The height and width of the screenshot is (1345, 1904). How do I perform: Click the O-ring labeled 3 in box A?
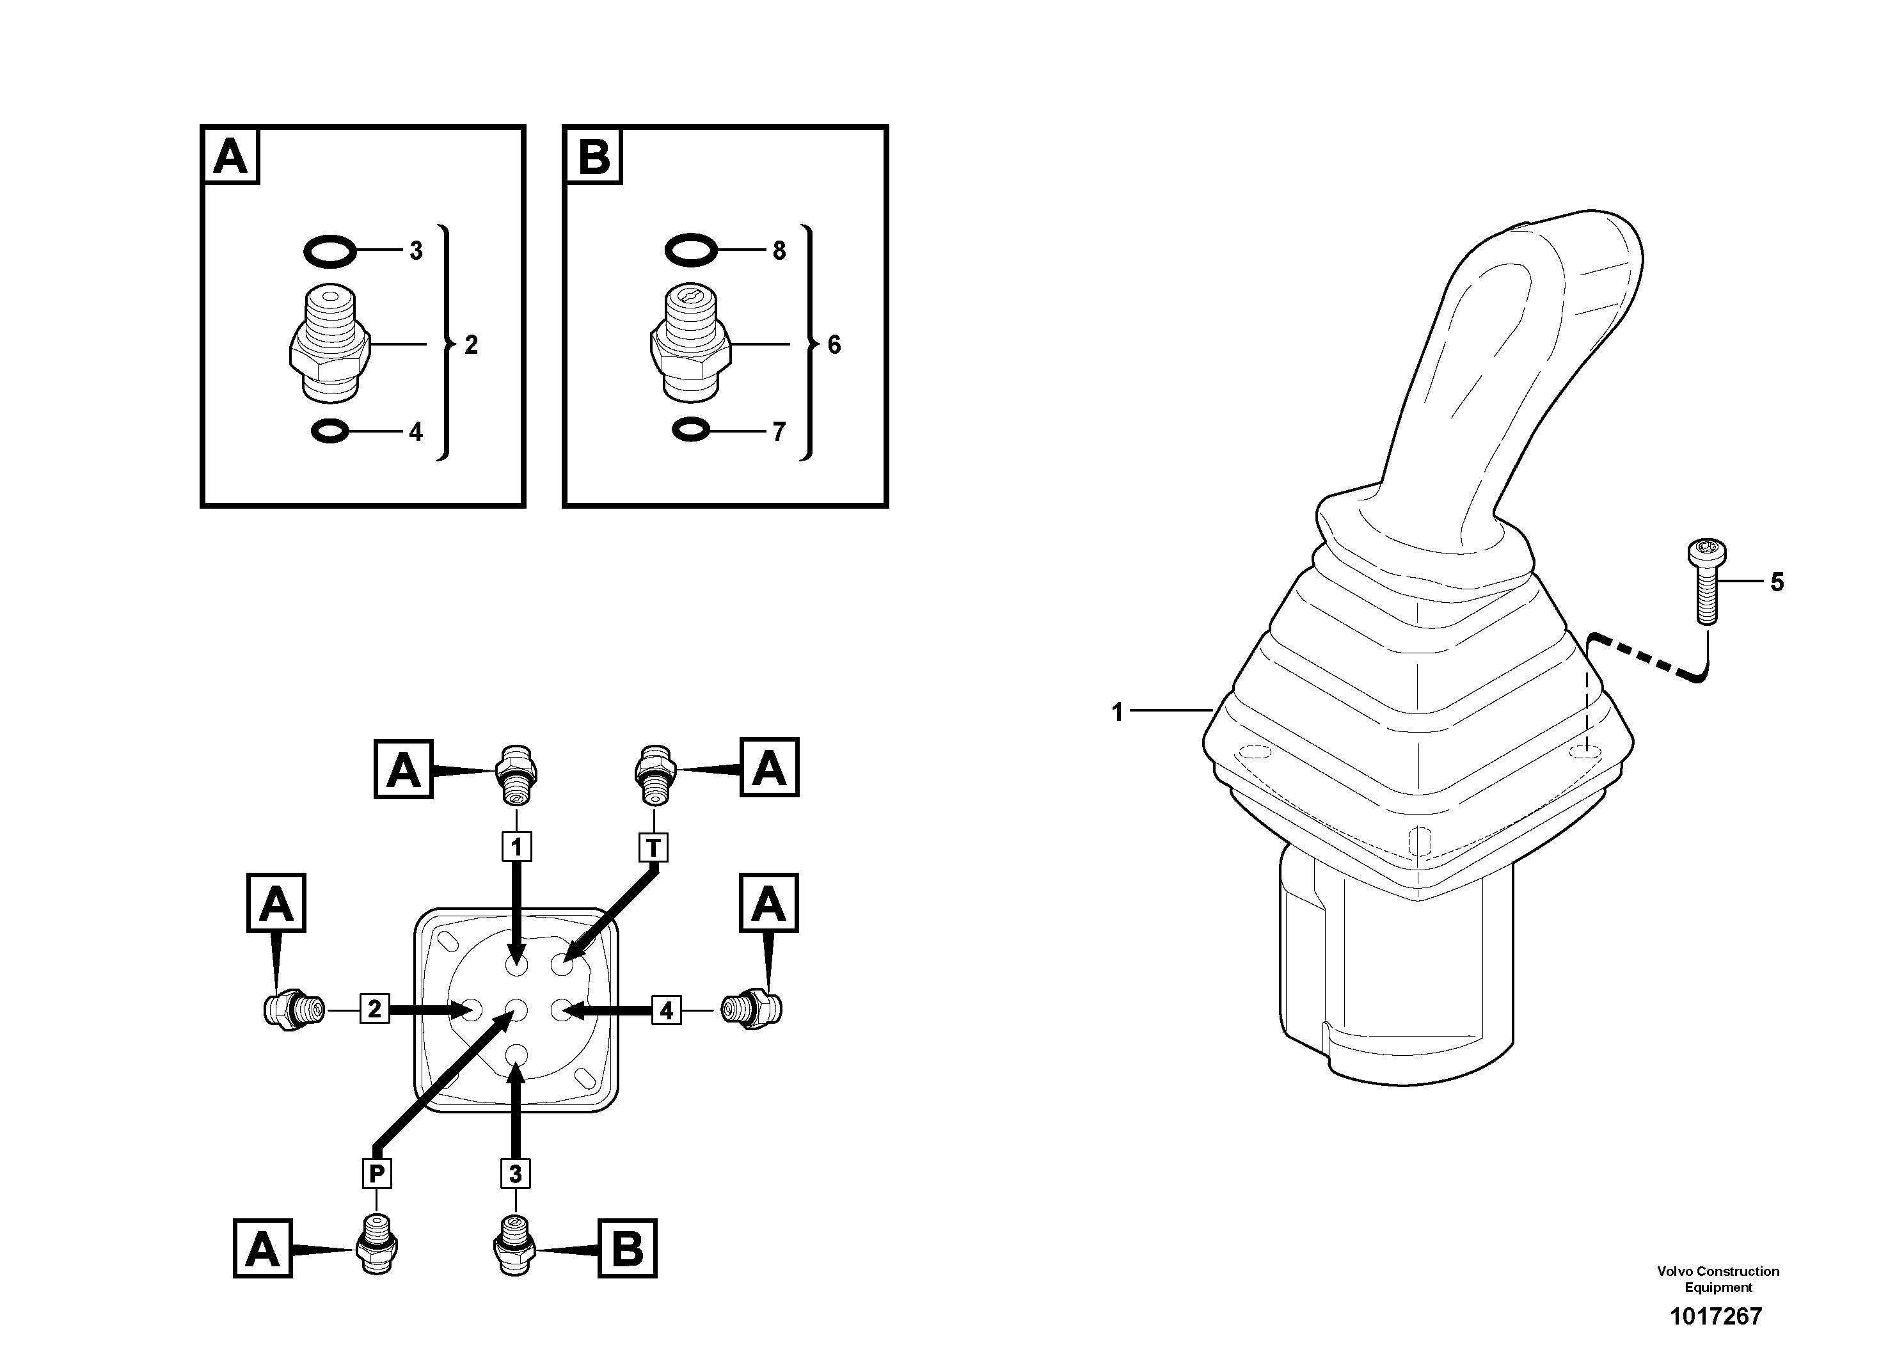tap(330, 250)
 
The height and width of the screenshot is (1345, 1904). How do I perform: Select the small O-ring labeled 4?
tap(330, 431)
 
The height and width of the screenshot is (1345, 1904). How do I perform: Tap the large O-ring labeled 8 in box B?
tap(691, 250)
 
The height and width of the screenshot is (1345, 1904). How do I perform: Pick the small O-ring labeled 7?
tap(691, 431)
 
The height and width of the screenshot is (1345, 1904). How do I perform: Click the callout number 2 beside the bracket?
tap(471, 345)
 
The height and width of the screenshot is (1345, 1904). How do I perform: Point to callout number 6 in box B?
tap(834, 345)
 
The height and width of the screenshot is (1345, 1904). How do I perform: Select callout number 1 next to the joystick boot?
tap(1117, 712)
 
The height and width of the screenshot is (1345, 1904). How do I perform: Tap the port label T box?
tap(653, 847)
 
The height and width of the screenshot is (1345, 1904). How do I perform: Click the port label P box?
tap(376, 1174)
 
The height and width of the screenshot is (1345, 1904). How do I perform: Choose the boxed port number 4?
tap(666, 1010)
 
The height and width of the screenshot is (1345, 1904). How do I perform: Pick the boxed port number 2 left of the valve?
tap(374, 1009)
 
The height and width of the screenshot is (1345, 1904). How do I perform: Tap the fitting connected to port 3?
tap(515, 1245)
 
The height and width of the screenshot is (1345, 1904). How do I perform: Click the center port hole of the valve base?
tap(516, 1010)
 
